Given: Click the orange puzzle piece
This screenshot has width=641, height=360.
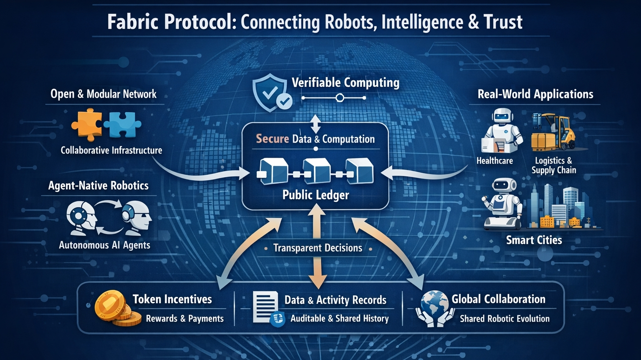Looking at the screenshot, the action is coord(86,124).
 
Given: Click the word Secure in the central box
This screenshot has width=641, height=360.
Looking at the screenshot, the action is coord(272,139).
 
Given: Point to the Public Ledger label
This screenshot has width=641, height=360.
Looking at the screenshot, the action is coord(315,195).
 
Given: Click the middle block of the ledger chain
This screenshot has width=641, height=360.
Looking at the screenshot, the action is coord(316,171).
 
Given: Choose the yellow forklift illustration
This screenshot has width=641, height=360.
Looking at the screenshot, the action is coord(553,133).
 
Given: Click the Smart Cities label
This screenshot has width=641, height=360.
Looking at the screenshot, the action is coord(534,240).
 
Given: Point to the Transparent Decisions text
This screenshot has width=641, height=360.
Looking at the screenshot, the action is coord(318,248).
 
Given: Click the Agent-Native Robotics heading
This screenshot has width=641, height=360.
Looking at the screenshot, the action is coord(98,186).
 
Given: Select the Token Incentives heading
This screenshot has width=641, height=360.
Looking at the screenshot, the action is coord(172,299).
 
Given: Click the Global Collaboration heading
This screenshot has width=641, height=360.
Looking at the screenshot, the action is coord(498,299).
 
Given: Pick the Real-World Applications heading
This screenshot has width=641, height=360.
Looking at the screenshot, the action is coord(535,94).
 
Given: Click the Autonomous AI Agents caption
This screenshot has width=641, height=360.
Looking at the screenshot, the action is coord(104,245).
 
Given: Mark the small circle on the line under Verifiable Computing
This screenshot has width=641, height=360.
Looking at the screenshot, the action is coord(340,98).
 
